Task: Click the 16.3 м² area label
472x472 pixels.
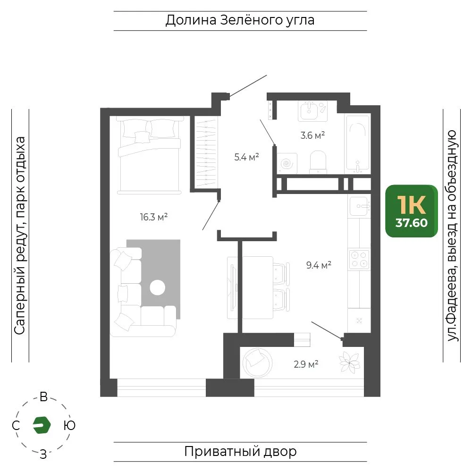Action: click(x=154, y=217)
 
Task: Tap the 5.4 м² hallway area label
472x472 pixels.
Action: click(x=246, y=157)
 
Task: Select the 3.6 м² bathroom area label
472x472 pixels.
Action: click(x=312, y=135)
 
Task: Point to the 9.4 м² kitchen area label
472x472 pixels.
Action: click(x=319, y=265)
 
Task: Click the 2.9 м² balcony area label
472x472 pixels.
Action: click(x=306, y=364)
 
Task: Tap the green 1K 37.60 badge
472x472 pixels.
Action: click(x=412, y=211)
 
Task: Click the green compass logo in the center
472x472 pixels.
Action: click(x=42, y=425)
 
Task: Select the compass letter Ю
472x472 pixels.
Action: click(x=69, y=425)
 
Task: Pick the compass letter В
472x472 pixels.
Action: click(x=43, y=397)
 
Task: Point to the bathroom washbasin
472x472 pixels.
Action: click(x=312, y=111)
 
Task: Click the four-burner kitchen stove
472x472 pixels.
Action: click(x=359, y=259)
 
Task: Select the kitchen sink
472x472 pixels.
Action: click(x=359, y=206)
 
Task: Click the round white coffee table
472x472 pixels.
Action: click(x=158, y=287)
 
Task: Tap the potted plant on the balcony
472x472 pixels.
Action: click(x=349, y=362)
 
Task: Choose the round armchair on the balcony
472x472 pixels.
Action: click(x=257, y=362)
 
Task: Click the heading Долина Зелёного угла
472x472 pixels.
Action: click(x=240, y=20)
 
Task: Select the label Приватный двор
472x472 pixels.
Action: click(x=240, y=452)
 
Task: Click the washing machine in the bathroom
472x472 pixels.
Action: click(x=287, y=163)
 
